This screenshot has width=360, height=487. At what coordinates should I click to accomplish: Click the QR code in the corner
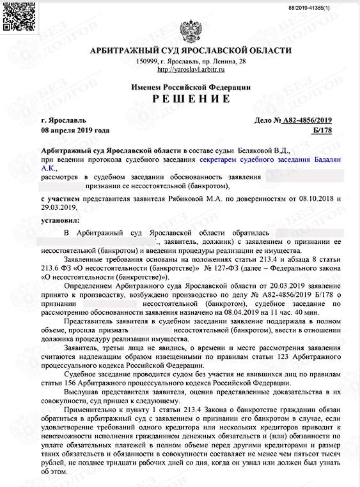13,14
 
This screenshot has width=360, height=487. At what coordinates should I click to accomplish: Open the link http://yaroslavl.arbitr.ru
191,69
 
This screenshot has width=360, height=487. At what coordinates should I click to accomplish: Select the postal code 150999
147,61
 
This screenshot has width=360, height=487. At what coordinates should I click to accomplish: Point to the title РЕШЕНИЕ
191,98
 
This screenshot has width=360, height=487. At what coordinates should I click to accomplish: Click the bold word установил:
58,218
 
